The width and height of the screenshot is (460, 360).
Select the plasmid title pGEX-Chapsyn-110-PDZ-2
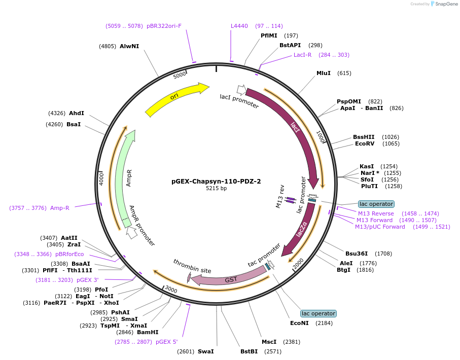tap(216, 181)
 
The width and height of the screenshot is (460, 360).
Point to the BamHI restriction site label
tap(148, 333)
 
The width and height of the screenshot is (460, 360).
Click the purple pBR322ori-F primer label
tap(164, 26)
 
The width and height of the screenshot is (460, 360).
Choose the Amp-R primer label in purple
tap(59, 208)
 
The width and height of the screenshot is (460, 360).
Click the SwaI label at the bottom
tap(205, 351)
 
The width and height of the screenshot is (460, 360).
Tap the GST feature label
tap(231, 279)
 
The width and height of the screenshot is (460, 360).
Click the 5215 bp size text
tap(216, 189)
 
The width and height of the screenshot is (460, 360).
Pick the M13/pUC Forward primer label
tap(380, 227)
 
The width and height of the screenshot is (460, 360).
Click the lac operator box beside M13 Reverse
tap(376, 204)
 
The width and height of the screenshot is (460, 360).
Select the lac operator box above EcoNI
tap(318, 313)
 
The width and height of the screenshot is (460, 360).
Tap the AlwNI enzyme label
tap(129, 46)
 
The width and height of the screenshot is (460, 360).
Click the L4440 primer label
tap(239, 26)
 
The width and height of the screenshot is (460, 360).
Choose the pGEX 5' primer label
tap(166, 342)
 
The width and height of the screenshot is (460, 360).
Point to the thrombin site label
tap(192, 266)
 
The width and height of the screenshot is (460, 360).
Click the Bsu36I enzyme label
tap(355, 254)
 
